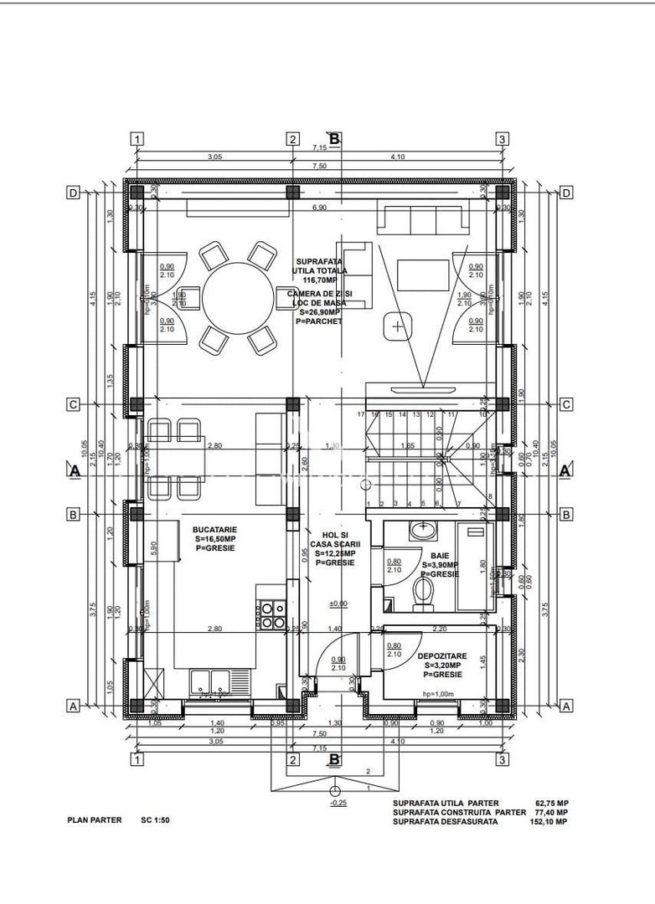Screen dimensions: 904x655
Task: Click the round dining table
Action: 236,295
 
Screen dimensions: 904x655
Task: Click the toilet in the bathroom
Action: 425,592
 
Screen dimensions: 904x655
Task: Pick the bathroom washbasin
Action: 424,529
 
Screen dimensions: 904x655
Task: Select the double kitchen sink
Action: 210,681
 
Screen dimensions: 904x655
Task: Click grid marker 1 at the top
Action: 138,139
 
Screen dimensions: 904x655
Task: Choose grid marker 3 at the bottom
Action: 502,759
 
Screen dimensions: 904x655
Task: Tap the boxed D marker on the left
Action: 74,193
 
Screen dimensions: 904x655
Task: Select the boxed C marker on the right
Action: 566,405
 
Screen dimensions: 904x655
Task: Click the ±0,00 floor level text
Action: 338,603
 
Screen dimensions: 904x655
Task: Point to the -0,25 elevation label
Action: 338,803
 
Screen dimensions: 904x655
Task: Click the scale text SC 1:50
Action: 157,820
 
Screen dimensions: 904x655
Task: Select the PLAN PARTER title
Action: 95,820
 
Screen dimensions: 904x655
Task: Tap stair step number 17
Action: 360,414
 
